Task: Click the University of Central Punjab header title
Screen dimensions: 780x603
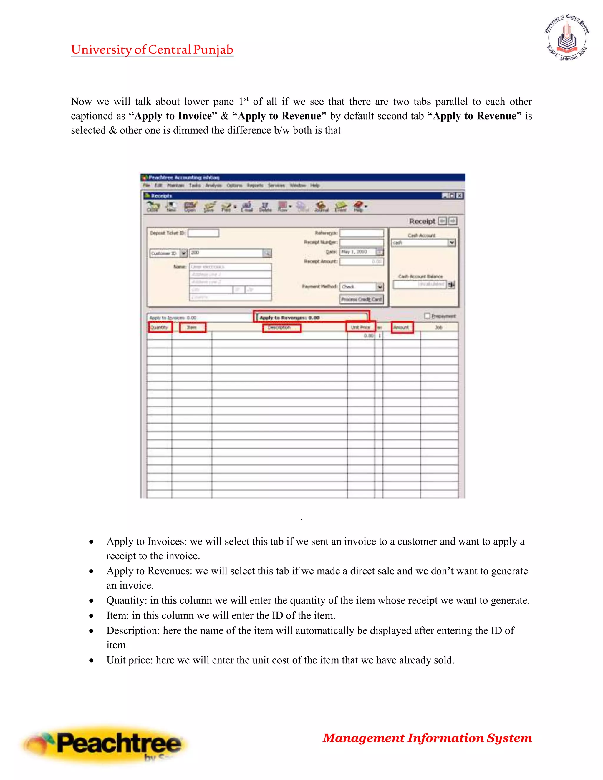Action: (152, 50)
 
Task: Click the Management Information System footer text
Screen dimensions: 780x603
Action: (427, 738)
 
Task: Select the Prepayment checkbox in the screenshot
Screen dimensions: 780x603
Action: (427, 316)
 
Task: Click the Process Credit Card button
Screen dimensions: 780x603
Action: (361, 299)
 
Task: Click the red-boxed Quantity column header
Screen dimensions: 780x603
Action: (159, 327)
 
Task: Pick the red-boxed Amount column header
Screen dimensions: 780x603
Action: (402, 327)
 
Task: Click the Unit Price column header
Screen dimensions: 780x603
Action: (360, 327)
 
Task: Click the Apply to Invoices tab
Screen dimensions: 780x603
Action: (173, 318)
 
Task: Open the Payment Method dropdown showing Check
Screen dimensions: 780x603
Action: (380, 287)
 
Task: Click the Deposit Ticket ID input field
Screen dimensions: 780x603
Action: (203, 233)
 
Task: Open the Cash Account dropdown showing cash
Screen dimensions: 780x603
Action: (452, 243)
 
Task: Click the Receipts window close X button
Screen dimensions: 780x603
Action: (460, 195)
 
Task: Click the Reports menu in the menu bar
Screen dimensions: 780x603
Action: (255, 185)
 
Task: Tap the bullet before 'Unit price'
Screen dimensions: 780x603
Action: (92, 660)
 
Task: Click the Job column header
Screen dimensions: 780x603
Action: (439, 327)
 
